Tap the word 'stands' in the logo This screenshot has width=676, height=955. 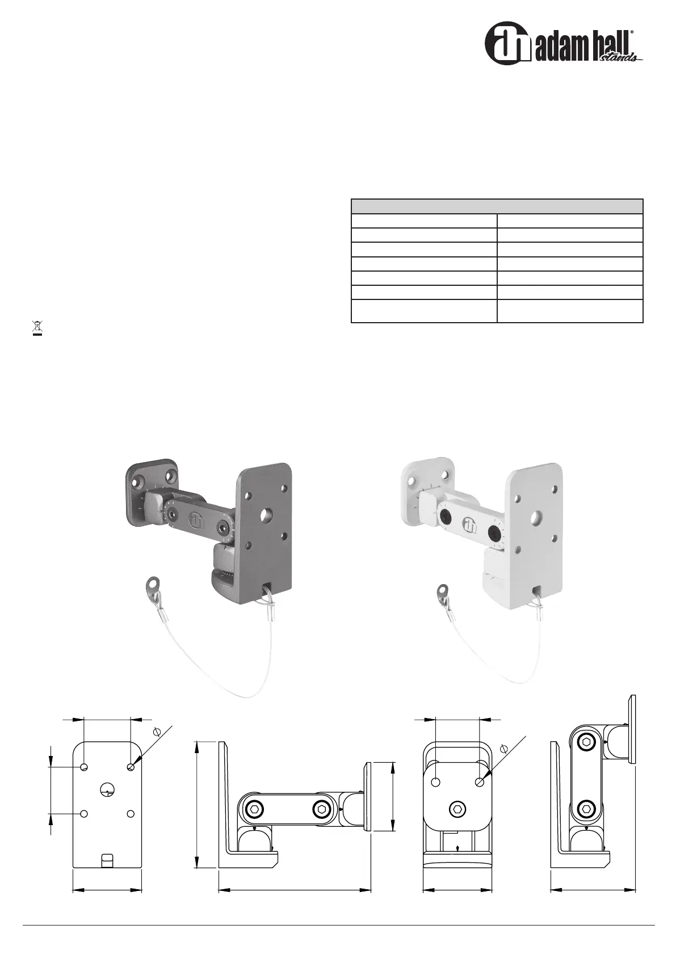620,56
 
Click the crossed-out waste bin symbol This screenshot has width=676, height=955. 38,327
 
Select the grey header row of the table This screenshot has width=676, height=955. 497,205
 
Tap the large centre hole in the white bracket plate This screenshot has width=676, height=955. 536,517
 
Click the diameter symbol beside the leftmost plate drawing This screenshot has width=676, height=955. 158,732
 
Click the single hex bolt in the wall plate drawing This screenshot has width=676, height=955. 457,808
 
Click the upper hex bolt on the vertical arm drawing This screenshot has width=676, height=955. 586,743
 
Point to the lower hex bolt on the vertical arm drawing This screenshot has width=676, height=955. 586,808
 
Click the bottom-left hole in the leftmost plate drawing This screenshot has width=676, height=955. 84,814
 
